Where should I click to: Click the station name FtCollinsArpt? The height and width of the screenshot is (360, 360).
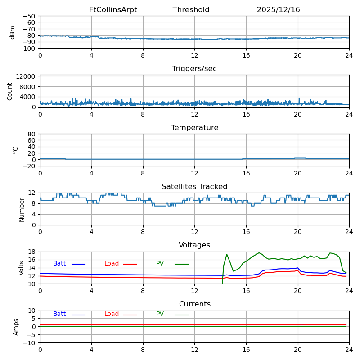(113, 10)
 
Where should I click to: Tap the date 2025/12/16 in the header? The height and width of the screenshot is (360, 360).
(278, 10)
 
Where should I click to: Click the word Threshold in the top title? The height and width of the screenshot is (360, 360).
(191, 10)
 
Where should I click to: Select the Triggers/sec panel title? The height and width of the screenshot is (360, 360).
(194, 69)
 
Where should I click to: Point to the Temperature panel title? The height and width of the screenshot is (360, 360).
(194, 128)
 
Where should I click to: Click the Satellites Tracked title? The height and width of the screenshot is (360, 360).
(194, 187)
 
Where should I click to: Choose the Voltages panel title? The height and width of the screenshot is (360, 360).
(194, 245)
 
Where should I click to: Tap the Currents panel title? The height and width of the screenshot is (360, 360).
(194, 304)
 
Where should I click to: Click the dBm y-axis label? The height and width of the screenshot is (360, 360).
(13, 32)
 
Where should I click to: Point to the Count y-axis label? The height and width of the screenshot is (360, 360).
(10, 91)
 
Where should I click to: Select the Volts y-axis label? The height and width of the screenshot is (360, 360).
(22, 268)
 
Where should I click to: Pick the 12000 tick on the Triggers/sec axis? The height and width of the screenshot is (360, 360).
(27, 77)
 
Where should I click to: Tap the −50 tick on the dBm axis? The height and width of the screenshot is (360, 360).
(29, 16)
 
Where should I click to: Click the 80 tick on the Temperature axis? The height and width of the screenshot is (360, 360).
(32, 134)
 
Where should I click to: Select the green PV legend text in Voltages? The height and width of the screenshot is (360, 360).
(160, 264)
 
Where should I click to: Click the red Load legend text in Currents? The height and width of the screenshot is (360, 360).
(112, 314)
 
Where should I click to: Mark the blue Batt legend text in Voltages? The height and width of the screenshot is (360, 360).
(59, 264)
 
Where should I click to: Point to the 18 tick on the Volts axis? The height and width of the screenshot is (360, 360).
(32, 252)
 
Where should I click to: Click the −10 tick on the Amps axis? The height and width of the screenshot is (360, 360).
(29, 343)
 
